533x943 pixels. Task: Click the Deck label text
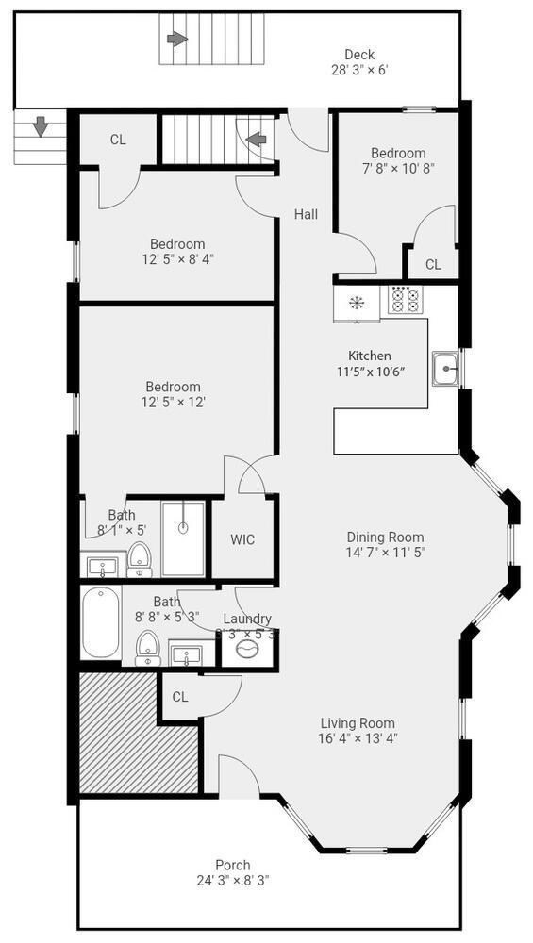(x=358, y=54)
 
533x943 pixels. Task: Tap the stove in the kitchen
(x=406, y=300)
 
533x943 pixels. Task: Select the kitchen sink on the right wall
(x=444, y=368)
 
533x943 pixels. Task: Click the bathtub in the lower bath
(x=100, y=623)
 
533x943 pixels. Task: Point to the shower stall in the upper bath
(x=183, y=538)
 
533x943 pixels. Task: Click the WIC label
(x=242, y=540)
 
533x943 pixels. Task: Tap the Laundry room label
(x=247, y=619)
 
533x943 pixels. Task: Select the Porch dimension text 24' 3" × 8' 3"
(x=232, y=881)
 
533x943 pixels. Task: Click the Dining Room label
(x=385, y=537)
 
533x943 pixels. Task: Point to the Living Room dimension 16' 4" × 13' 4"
(x=358, y=738)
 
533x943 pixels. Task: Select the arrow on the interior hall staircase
(x=255, y=141)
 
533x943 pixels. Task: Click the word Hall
(x=305, y=214)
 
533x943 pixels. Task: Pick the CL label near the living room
(x=180, y=697)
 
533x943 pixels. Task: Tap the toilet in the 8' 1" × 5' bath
(x=139, y=558)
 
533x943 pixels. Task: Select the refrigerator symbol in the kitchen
(x=357, y=303)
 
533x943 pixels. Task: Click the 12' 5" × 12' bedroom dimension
(x=173, y=402)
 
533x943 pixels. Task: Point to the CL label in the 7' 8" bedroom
(x=432, y=265)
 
